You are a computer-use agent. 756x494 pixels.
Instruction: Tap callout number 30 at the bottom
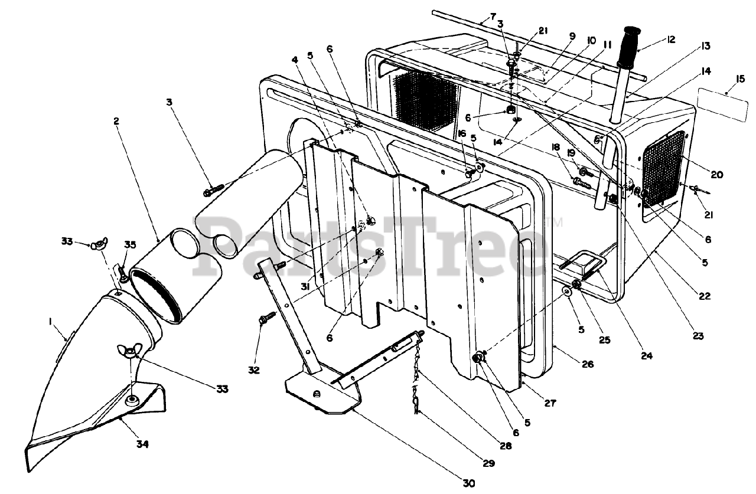[x=468, y=483]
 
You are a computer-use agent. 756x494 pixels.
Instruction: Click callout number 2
[x=116, y=120]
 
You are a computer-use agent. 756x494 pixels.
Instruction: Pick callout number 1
[x=51, y=322]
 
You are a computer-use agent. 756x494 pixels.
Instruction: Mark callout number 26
[x=587, y=364]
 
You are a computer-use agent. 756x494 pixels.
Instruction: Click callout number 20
[x=716, y=174]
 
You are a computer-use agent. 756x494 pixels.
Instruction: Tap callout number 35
[x=130, y=244]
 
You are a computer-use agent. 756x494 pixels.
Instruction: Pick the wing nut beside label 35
[x=97, y=246]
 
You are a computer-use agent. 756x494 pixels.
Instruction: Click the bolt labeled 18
[x=582, y=183]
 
